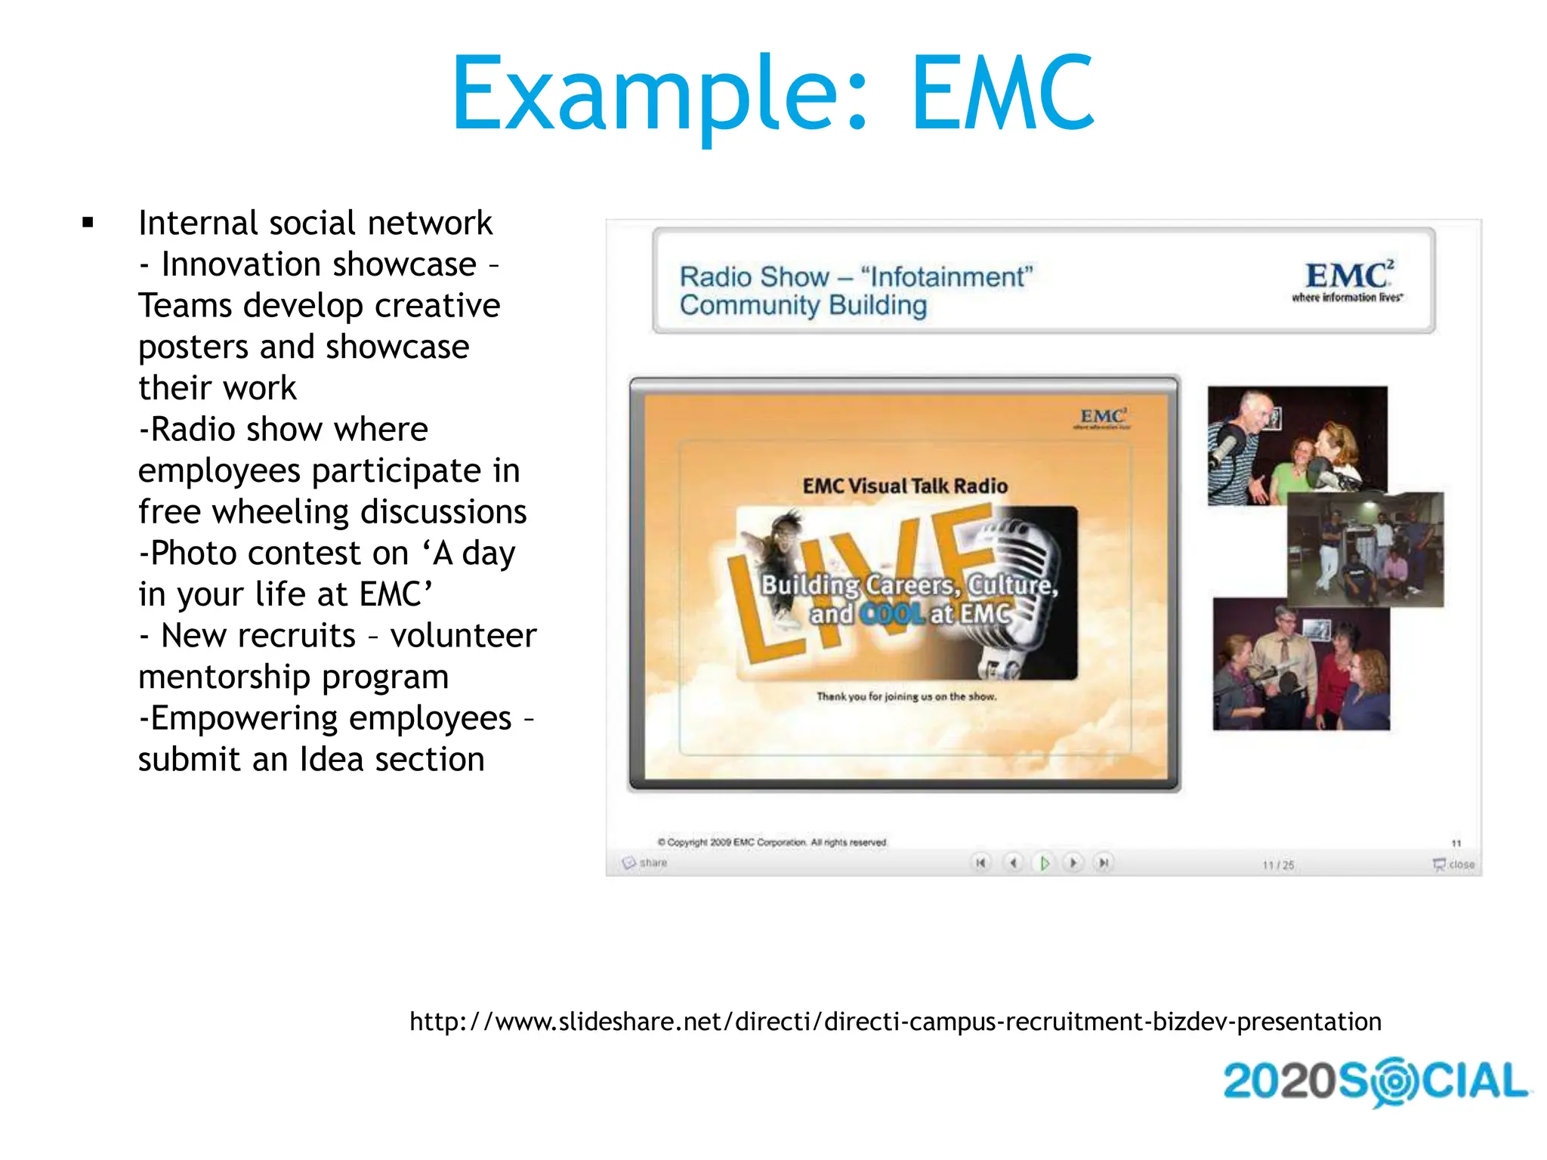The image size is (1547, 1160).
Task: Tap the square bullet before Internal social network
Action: pos(88,223)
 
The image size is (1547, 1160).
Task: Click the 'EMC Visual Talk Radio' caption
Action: pos(905,486)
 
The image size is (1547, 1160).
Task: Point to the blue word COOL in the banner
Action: pos(892,614)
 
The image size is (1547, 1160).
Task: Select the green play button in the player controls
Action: pos(1044,862)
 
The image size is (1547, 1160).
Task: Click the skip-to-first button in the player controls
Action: pos(980,862)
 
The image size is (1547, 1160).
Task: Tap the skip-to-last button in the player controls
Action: pos(1104,862)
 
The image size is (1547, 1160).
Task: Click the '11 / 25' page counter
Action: pos(1278,865)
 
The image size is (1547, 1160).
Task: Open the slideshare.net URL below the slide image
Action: pos(895,1022)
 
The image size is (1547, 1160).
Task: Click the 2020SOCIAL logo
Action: pos(1375,1081)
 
